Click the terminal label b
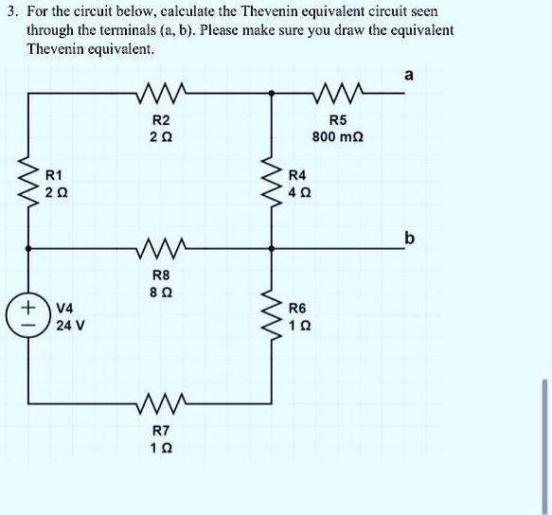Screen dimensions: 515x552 click(x=409, y=239)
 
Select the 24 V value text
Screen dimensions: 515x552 click(x=68, y=326)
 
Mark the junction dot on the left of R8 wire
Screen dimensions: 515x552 click(x=28, y=249)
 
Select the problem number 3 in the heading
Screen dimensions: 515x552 click(x=7, y=12)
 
